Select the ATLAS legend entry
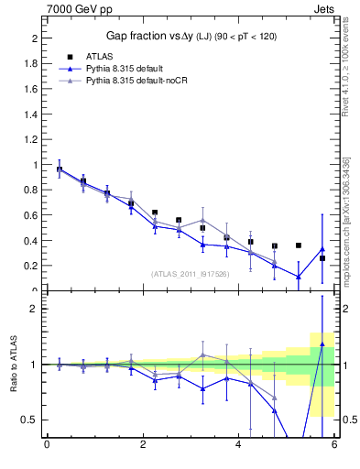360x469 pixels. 102,57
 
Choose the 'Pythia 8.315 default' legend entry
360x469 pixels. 128,69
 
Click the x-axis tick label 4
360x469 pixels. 239,446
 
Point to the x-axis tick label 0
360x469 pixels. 47,446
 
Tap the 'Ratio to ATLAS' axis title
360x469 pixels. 12,365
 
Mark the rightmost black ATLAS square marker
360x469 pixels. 322,258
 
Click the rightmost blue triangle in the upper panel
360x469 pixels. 322,248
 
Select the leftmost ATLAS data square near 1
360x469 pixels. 60,169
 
